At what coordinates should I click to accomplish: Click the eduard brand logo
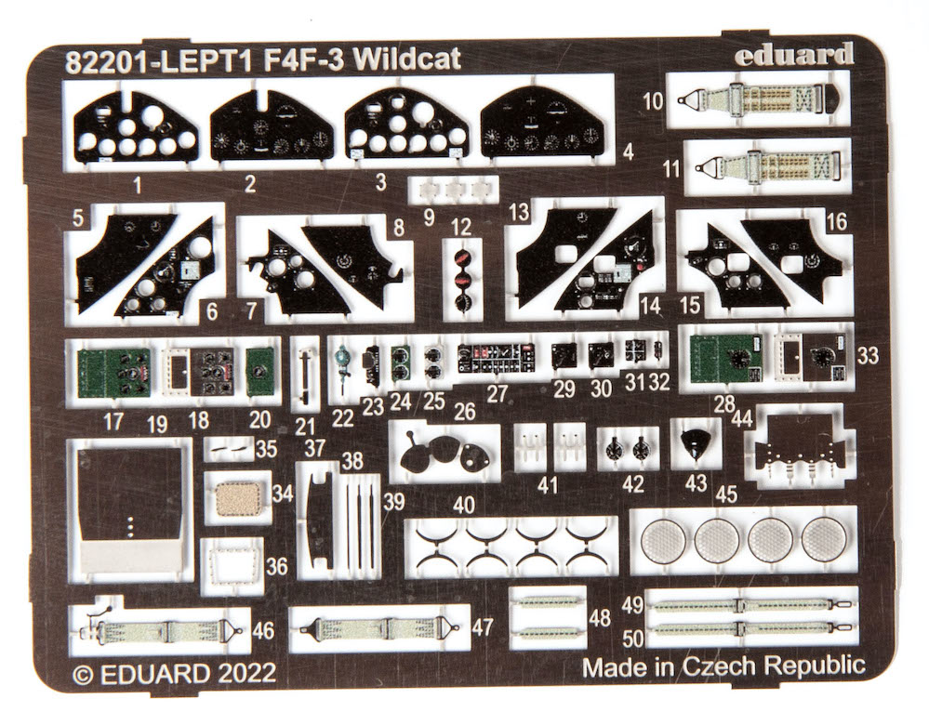(794, 55)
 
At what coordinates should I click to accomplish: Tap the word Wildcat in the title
(409, 60)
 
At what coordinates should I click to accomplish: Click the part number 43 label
(696, 482)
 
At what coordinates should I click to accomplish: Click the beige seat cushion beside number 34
(237, 498)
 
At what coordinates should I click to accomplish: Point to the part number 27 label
(496, 394)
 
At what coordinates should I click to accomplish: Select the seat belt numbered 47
(380, 627)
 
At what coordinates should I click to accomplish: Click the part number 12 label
(461, 228)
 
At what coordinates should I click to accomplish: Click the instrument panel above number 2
(272, 127)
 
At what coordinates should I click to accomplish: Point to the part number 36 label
(277, 567)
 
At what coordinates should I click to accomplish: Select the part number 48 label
(600, 618)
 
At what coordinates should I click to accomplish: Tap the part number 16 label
(837, 222)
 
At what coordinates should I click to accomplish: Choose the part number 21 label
(304, 427)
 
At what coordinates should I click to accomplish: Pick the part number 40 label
(464, 506)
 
